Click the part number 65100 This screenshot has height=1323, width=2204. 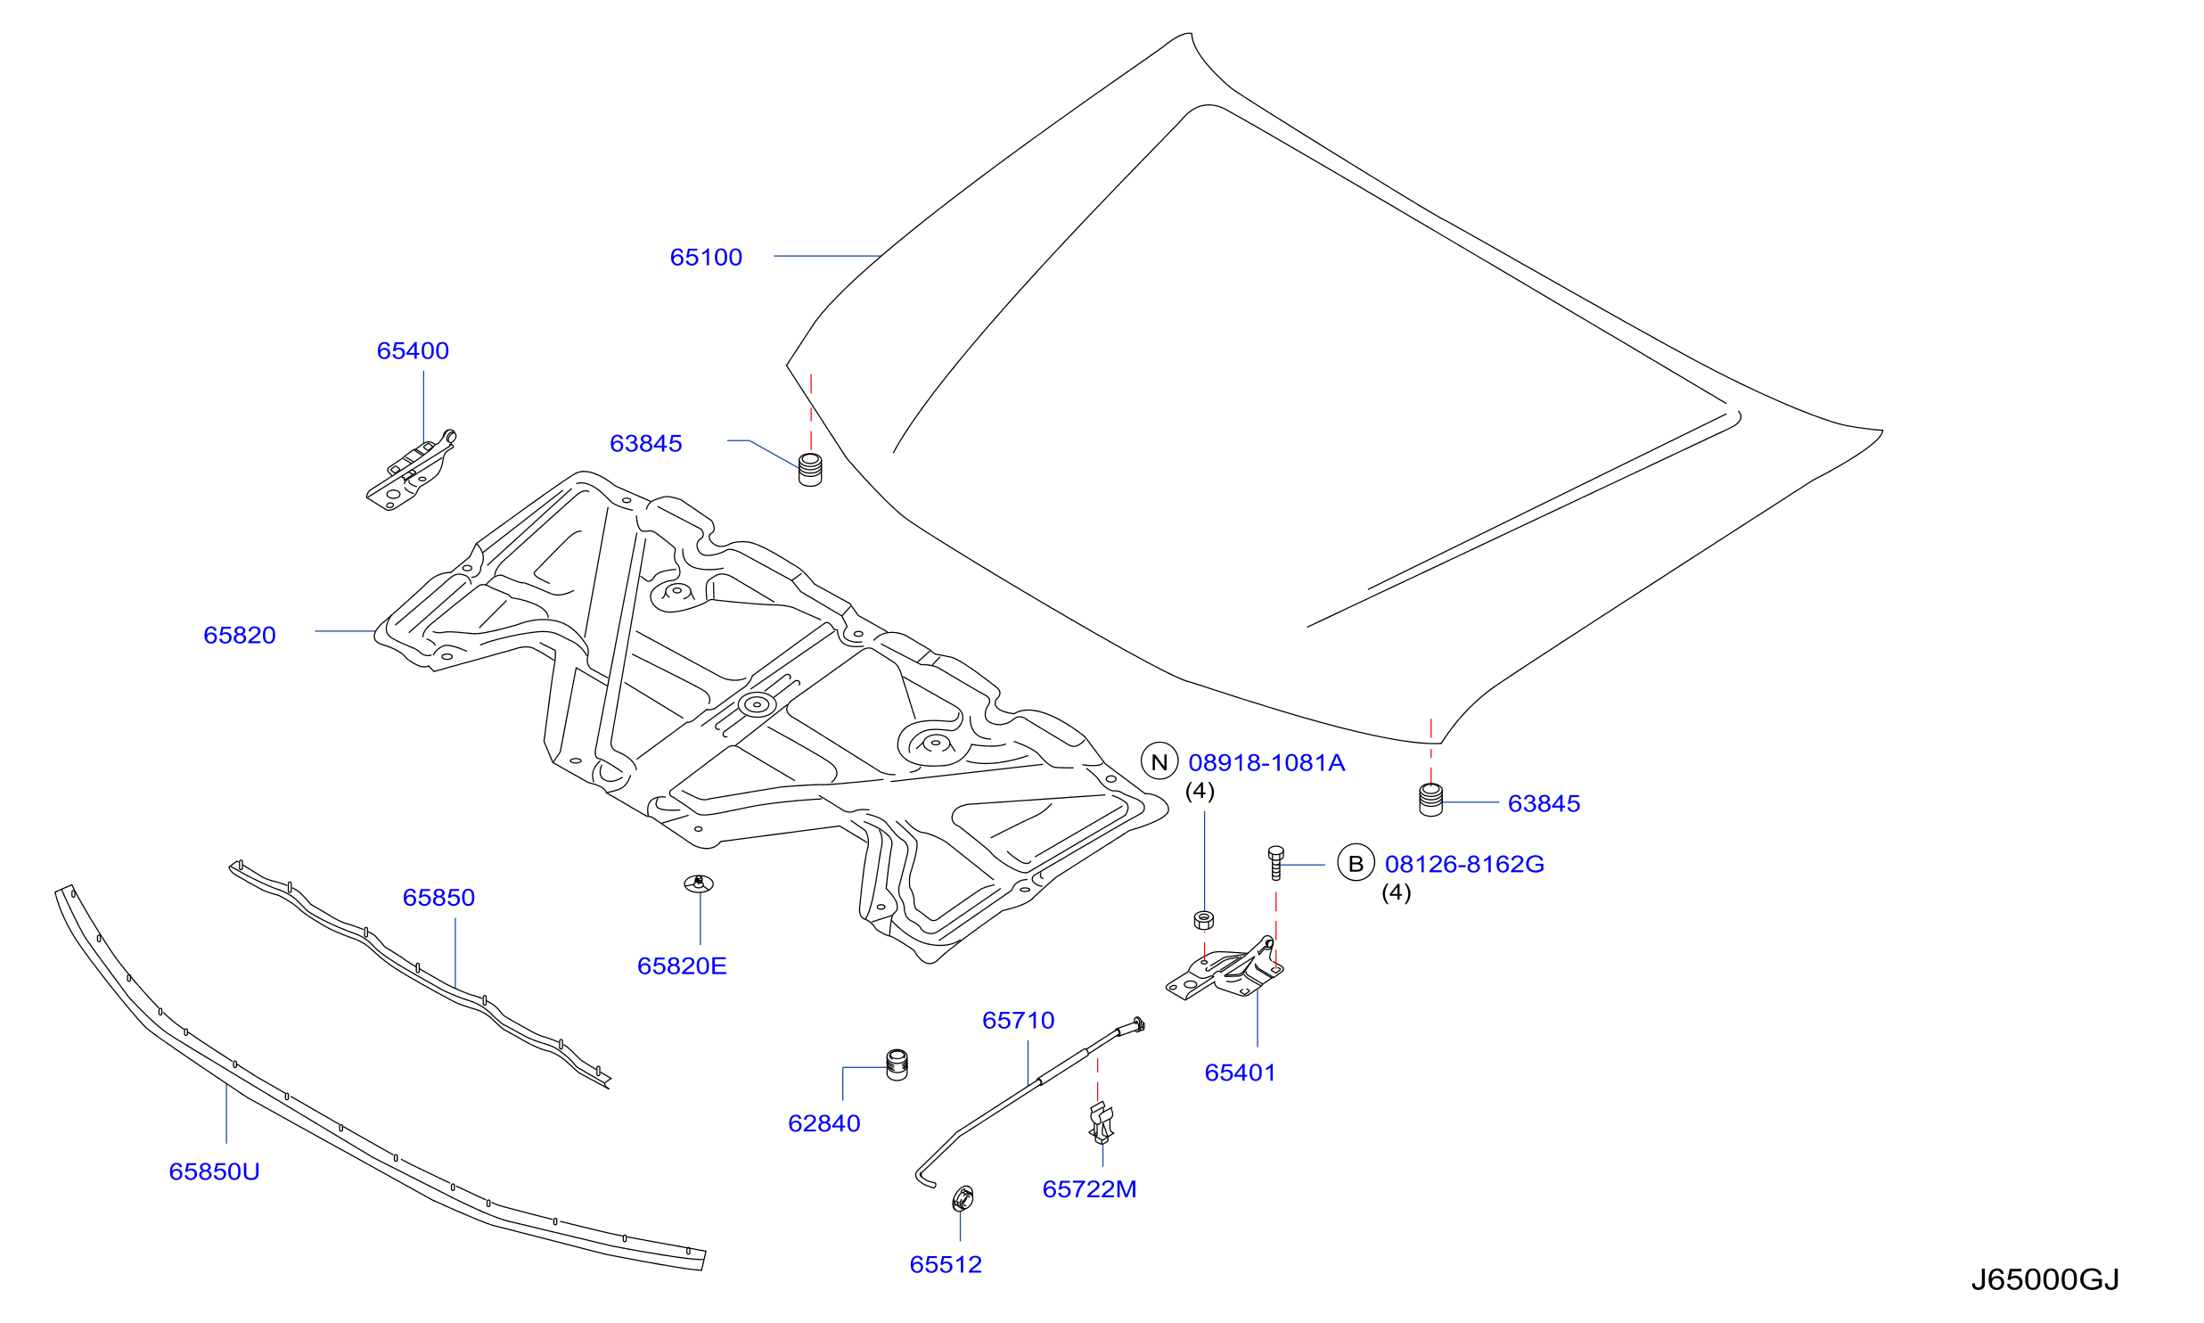point(706,258)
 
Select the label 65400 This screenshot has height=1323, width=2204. point(413,351)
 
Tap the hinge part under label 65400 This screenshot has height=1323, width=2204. point(411,470)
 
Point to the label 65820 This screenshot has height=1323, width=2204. point(240,636)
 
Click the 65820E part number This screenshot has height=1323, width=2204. point(682,966)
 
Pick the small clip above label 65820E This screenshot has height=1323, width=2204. point(699,883)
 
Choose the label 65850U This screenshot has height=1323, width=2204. point(214,1172)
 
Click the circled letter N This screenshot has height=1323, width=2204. point(1159,762)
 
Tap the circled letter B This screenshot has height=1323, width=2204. point(1356,864)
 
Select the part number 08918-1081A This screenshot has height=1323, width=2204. point(1266,763)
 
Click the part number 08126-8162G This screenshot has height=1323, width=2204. point(1464,865)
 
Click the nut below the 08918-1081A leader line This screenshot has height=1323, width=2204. point(1203,920)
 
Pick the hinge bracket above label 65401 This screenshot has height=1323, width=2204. point(1225,971)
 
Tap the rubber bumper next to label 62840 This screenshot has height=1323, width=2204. point(897,1065)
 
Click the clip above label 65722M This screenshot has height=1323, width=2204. point(1102,1123)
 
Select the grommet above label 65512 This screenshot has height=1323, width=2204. point(963,1199)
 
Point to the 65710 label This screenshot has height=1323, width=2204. point(1018,1021)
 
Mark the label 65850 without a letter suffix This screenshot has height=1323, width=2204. point(438,898)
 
